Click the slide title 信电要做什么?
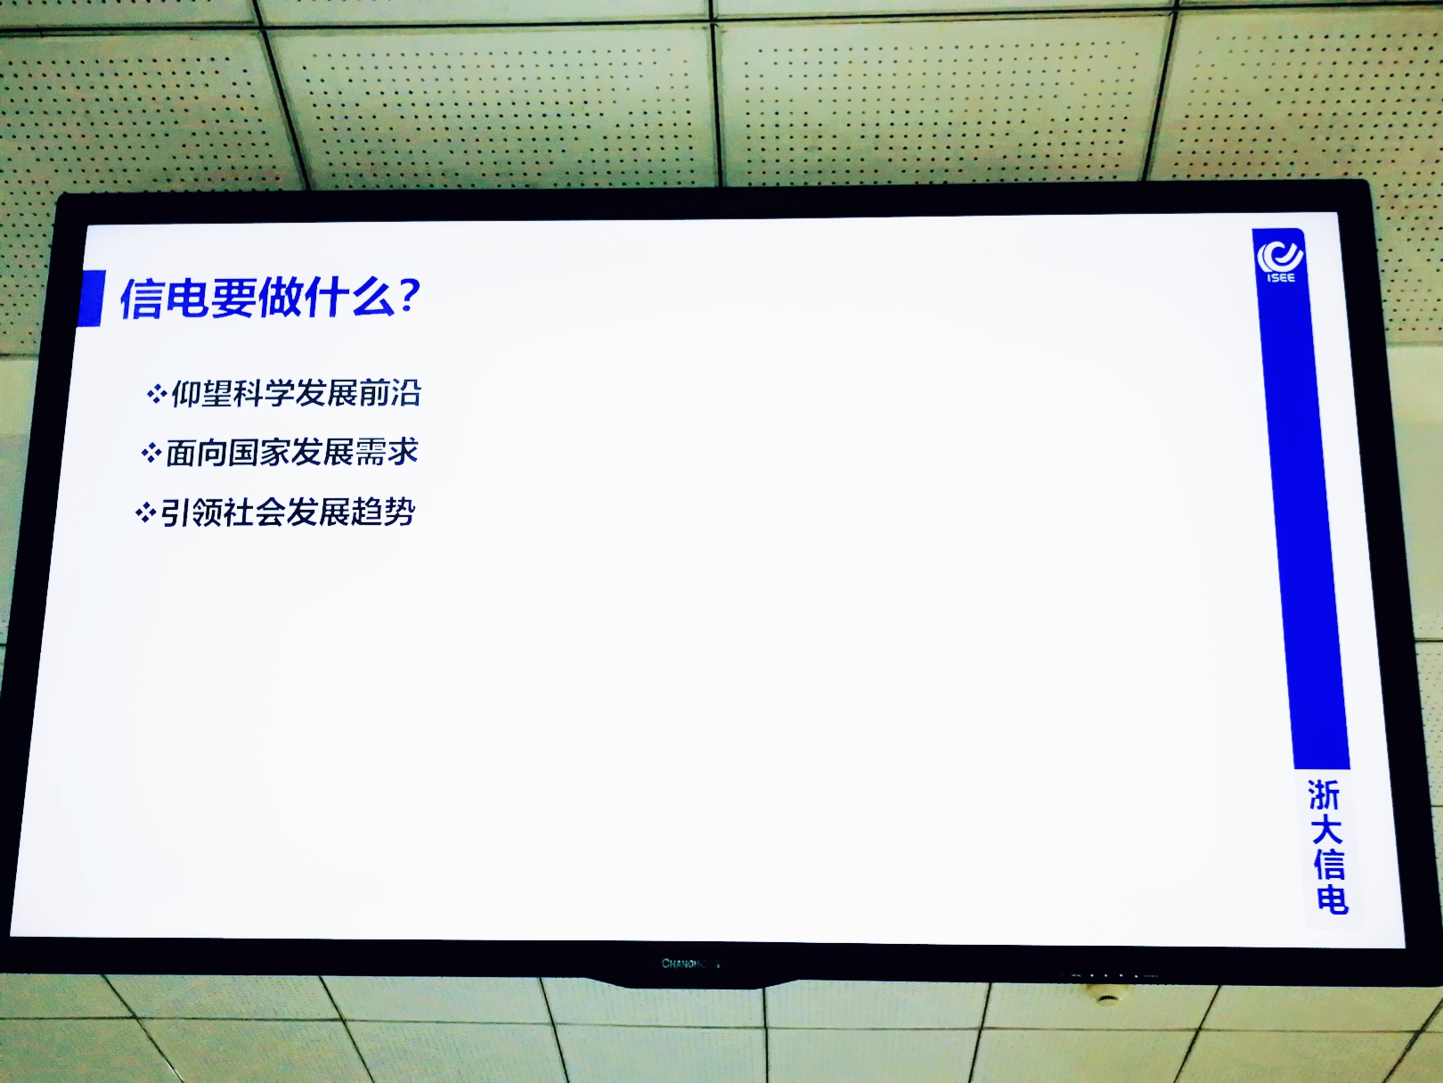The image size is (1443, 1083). coord(270,298)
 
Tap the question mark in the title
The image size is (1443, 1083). coord(409,295)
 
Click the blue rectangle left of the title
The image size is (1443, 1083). coord(92,298)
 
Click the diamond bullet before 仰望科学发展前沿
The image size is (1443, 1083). coord(157,395)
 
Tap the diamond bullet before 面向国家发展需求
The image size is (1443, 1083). coord(151,453)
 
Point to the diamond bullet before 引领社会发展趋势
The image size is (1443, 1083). coord(145,513)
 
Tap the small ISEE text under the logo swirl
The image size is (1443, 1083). coord(1281,278)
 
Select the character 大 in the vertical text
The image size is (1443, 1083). coord(1326,830)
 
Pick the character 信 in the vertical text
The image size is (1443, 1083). coord(1329,864)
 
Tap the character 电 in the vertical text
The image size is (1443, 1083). coord(1333,898)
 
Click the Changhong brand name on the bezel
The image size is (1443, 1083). coord(690,964)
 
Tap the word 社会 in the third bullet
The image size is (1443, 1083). coord(255,513)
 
